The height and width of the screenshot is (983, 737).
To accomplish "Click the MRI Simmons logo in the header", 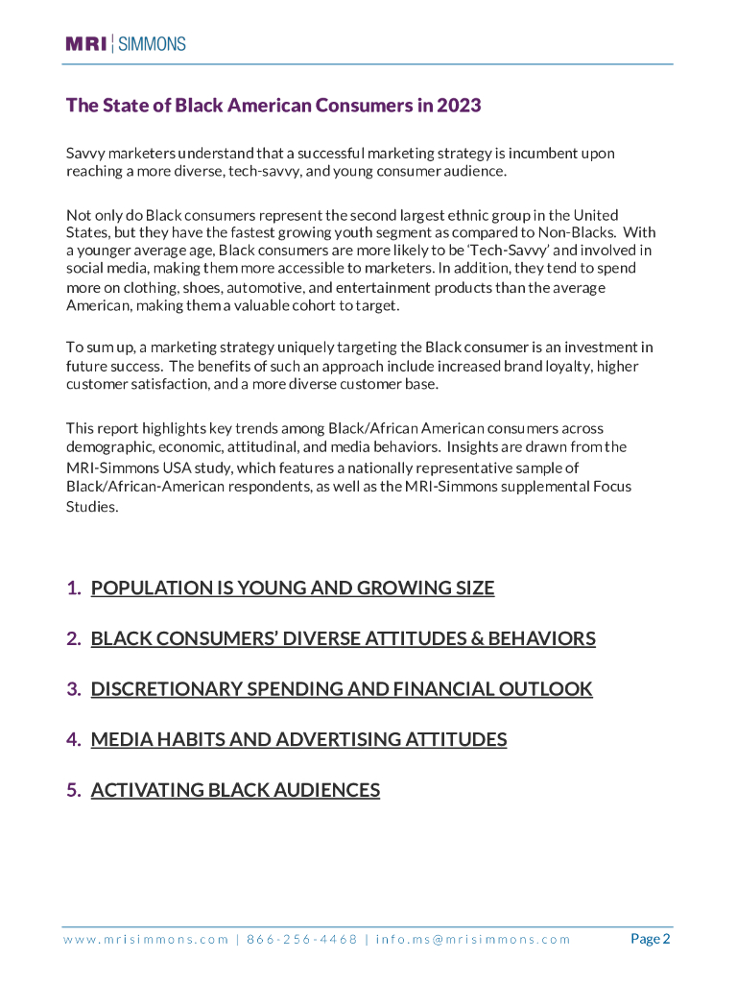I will (x=126, y=43).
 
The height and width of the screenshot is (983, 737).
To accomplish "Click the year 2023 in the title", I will (x=459, y=105).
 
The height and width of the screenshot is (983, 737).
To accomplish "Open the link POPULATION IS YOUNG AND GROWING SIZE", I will (x=293, y=587).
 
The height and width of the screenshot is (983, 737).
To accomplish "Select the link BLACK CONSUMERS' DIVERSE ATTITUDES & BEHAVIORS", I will (x=343, y=638).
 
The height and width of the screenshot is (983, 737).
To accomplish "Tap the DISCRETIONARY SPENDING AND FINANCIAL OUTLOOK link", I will (x=342, y=688).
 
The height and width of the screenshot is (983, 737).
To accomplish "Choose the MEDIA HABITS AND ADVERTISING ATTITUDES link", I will (x=298, y=739).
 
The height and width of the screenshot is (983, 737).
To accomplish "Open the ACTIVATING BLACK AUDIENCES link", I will (x=235, y=790).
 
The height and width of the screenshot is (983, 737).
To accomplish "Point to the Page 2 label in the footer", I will (x=650, y=939).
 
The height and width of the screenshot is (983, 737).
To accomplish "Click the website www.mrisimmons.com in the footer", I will (x=146, y=939).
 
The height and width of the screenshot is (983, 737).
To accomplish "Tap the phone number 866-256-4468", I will (x=301, y=939).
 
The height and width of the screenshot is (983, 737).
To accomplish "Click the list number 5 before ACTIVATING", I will (x=73, y=790).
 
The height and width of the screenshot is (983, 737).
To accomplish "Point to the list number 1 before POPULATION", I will (x=73, y=587).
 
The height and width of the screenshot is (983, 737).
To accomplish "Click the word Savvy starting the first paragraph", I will (x=84, y=154).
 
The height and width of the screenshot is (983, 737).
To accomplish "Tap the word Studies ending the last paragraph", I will (x=91, y=508).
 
